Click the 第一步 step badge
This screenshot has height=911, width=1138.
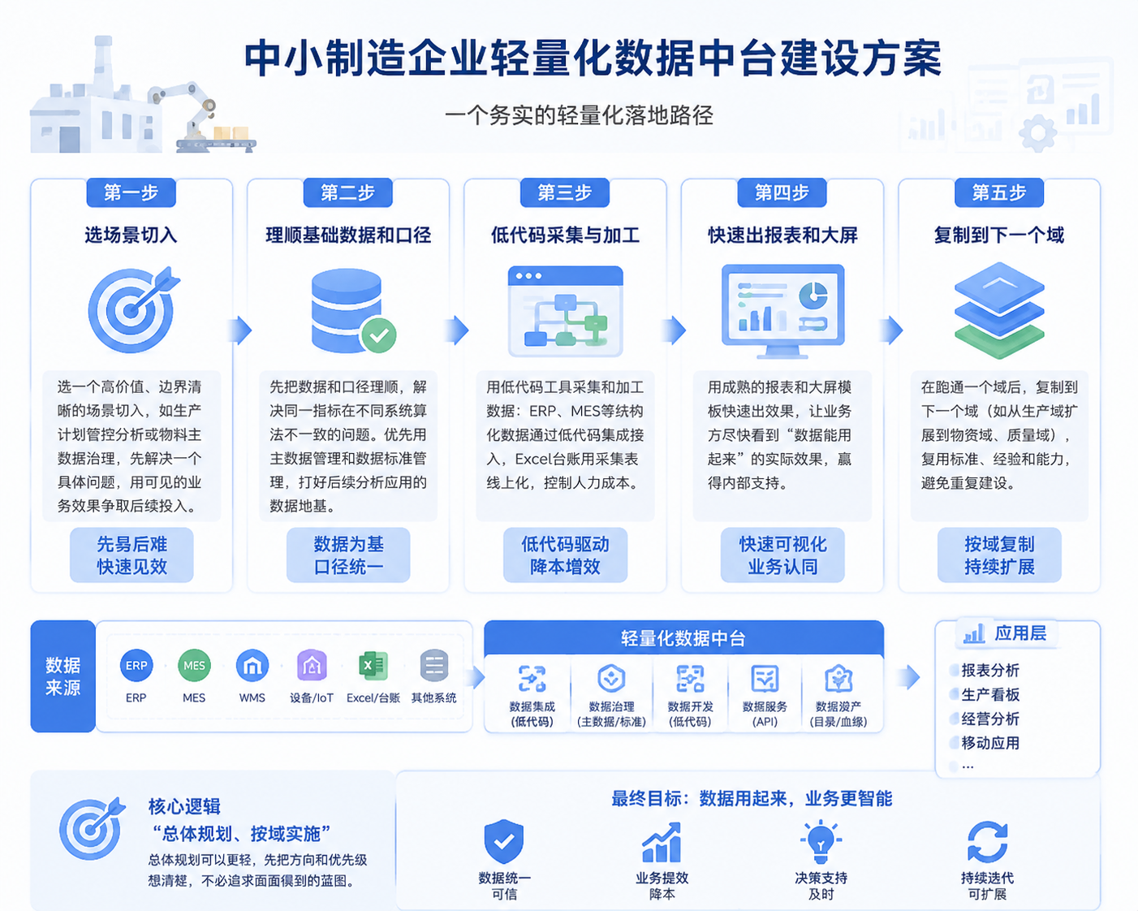pos(131,192)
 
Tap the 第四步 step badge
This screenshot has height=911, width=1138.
pos(782,192)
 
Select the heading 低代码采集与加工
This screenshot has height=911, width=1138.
pos(565,235)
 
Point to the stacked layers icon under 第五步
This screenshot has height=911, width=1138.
pos(999,310)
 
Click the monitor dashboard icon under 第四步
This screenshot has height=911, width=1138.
pos(782,311)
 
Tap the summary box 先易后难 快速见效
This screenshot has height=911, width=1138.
pos(131,555)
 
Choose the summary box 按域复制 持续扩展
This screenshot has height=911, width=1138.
pos(999,555)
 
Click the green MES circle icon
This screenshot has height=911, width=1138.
pos(194,666)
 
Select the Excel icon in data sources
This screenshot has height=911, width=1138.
pos(373,666)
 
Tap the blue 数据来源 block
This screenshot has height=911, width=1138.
pos(63,676)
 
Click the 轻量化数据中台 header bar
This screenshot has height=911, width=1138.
pos(683,638)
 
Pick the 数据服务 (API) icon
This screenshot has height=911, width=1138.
pos(765,679)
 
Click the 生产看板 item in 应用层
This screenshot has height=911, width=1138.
pos(990,695)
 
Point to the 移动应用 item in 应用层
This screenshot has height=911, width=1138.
pos(990,743)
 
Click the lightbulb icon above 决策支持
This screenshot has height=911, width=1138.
pos(821,841)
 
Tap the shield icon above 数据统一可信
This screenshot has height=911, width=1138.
pos(503,842)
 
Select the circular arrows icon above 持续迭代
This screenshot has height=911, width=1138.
pos(987,842)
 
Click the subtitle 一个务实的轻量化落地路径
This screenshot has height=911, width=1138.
pos(579,115)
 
